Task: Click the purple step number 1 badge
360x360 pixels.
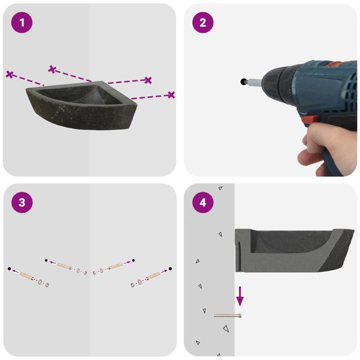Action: tap(22, 22)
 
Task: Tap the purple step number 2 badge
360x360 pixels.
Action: tap(203, 22)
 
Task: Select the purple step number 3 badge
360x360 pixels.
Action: tap(22, 202)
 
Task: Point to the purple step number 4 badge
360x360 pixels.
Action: tap(203, 202)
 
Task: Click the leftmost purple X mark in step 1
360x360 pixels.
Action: tap(9, 74)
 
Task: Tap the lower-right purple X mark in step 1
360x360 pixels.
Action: tap(171, 95)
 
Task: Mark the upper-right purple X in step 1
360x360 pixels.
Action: tap(148, 80)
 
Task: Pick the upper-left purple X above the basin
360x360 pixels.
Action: tap(52, 69)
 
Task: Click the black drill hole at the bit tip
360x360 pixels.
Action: tap(243, 81)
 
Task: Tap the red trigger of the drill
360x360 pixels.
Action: tap(310, 120)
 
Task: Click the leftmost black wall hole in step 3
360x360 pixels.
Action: tap(9, 269)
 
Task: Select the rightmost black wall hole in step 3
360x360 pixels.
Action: tap(170, 269)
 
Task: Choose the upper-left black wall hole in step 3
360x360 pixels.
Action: tap(46, 261)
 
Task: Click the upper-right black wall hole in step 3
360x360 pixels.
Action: tap(133, 261)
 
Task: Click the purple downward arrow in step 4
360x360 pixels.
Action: tap(240, 296)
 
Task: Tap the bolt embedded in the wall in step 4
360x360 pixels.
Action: tap(228, 316)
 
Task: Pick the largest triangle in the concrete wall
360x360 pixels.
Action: tap(226, 328)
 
